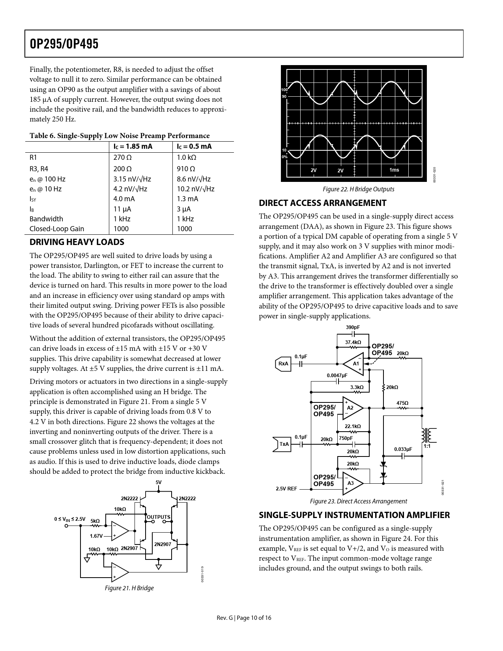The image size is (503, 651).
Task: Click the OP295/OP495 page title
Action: click(x=64, y=44)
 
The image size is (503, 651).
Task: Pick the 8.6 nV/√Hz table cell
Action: click(x=194, y=179)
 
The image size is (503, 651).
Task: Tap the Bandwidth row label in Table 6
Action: click(x=46, y=219)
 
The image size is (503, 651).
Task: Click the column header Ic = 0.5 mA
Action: click(x=194, y=147)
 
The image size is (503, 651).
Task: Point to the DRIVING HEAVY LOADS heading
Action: click(x=77, y=242)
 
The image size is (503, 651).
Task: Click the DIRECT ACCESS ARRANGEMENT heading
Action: click(x=322, y=203)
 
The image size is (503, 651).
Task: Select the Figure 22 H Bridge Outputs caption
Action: click(x=358, y=189)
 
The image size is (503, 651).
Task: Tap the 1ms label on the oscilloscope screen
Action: click(x=394, y=170)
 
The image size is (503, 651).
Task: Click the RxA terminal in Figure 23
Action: click(x=283, y=364)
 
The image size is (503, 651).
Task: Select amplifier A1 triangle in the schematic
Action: click(x=354, y=363)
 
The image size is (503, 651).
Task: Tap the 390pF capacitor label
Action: click(x=353, y=327)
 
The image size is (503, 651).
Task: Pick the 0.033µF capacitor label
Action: click(x=403, y=449)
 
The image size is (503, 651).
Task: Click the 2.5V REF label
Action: click(x=286, y=489)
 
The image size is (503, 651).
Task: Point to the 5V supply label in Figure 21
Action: click(x=159, y=483)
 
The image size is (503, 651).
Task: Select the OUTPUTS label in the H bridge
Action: click(x=159, y=517)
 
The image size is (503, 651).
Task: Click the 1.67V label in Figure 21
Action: click(x=96, y=536)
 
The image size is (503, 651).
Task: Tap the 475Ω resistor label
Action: click(x=402, y=403)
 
